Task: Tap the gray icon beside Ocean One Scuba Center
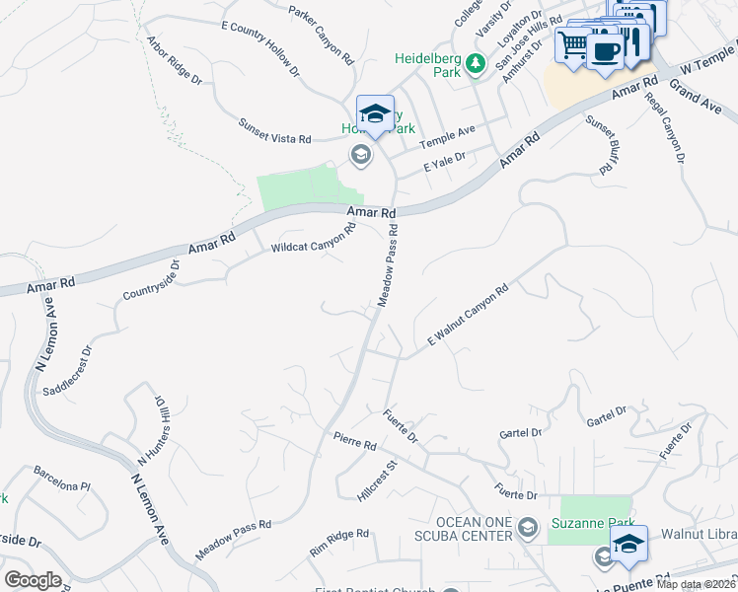[x=528, y=524]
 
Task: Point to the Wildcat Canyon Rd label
[x=313, y=240]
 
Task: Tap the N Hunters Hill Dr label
[x=149, y=431]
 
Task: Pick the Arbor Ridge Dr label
[x=174, y=60]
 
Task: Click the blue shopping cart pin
[x=571, y=43]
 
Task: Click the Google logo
[x=33, y=580]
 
